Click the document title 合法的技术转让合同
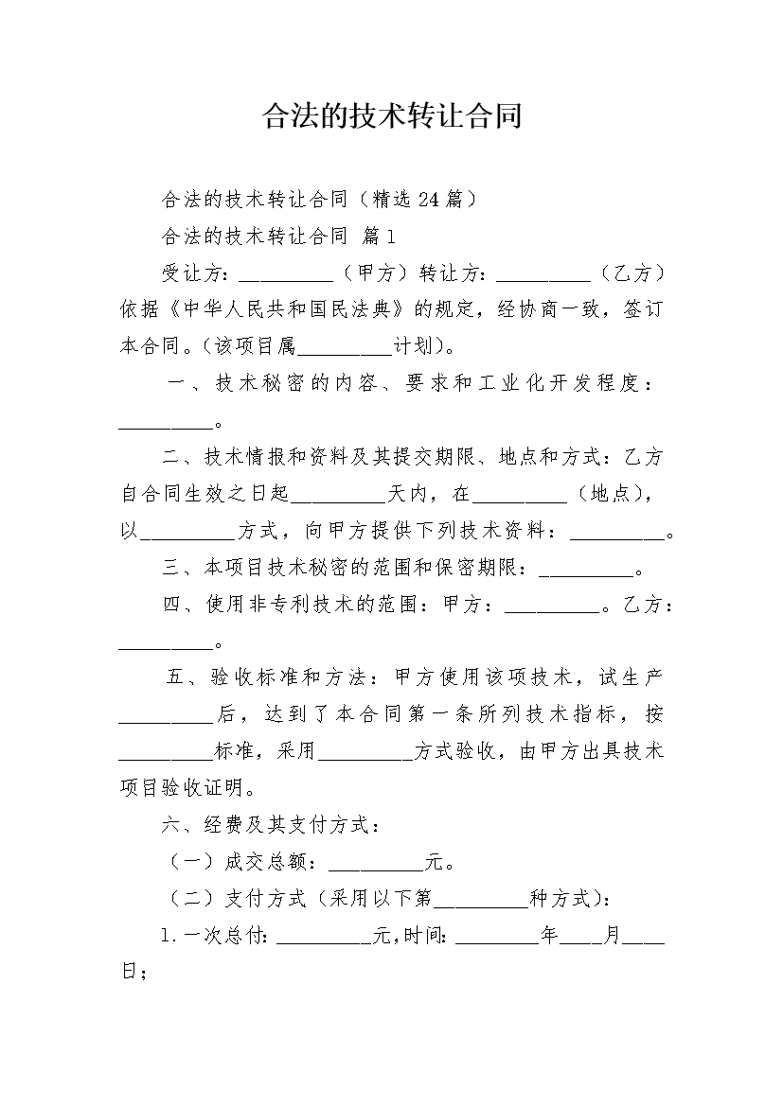coord(392,116)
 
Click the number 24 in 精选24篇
coord(429,200)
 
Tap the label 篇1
coord(379,236)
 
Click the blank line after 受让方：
coord(286,279)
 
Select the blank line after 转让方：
coord(544,279)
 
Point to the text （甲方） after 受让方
coord(375,272)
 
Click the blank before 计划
coord(345,353)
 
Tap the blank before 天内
coord(338,500)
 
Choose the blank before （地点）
coord(520,500)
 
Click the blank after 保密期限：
coord(587,573)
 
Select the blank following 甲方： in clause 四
coord(553,610)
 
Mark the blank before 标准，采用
coord(166,758)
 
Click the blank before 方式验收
coord(365,758)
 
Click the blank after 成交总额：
coord(375,869)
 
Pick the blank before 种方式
coord(482,905)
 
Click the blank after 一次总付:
coord(324,941)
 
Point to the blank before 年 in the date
coord(497,941)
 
